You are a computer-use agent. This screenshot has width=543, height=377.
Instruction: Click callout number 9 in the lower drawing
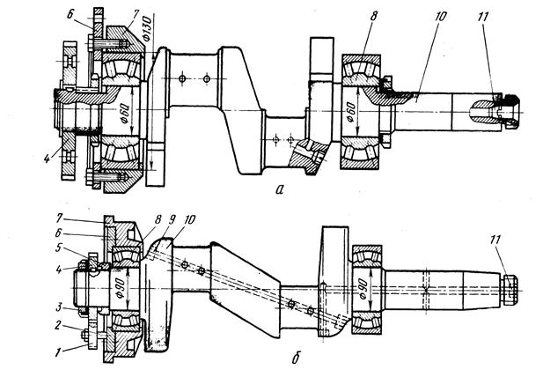pyautogui.click(x=172, y=219)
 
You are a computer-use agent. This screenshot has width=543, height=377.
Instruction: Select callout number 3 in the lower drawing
pyautogui.click(x=60, y=270)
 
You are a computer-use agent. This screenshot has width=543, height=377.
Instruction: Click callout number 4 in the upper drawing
pyautogui.click(x=48, y=159)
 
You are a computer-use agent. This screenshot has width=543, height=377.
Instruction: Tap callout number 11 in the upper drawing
pyautogui.click(x=482, y=17)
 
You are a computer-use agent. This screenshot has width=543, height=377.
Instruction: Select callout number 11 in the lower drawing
pyautogui.click(x=495, y=240)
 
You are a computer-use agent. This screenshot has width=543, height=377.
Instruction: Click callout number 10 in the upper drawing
pyautogui.click(x=440, y=16)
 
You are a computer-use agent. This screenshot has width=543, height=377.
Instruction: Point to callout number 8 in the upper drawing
pyautogui.click(x=373, y=16)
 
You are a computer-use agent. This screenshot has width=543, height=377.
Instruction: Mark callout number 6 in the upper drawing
pyautogui.click(x=70, y=16)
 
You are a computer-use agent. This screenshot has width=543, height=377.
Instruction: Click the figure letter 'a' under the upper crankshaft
pyautogui.click(x=280, y=189)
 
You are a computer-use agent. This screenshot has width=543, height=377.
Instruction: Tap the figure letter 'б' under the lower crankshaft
pyautogui.click(x=296, y=358)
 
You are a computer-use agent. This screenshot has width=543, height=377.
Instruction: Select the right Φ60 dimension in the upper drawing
pyautogui.click(x=351, y=112)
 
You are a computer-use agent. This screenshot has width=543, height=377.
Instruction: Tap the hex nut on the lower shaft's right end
pyautogui.click(x=510, y=290)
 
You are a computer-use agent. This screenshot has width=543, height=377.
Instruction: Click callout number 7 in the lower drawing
pyautogui.click(x=60, y=219)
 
